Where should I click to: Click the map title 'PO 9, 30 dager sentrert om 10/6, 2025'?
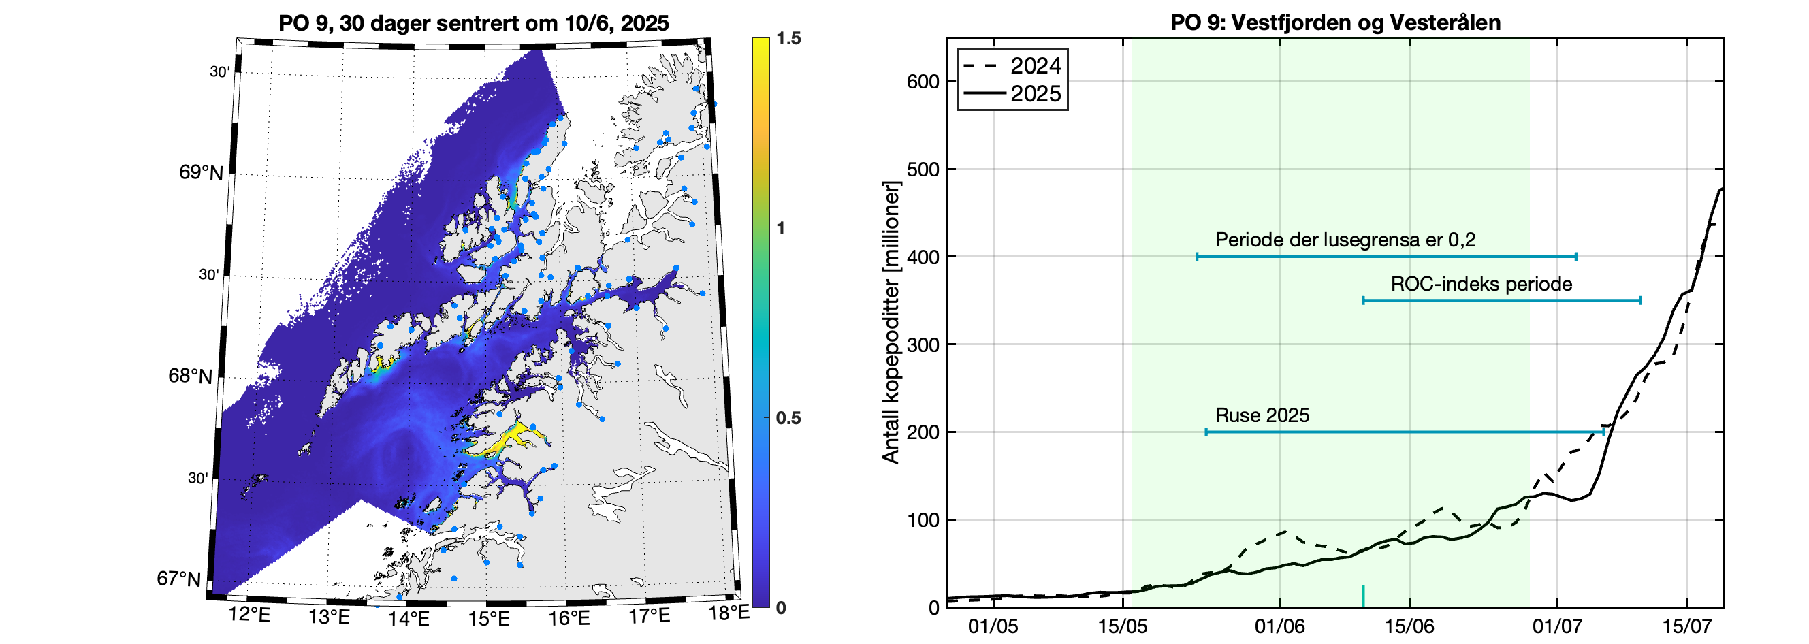(473, 23)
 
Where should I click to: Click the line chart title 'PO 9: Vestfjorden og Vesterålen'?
(1335, 22)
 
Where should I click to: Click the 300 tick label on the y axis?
(923, 345)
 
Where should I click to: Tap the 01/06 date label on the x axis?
(1279, 626)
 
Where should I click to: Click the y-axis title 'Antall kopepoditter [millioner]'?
(891, 323)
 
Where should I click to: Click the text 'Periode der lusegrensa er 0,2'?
(1345, 240)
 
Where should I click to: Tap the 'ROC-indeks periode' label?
(1481, 285)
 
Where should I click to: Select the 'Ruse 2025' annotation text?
(1262, 416)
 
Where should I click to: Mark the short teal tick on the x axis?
(1363, 596)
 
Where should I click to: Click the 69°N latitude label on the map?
(201, 173)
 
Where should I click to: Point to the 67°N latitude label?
(178, 579)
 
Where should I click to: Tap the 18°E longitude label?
(729, 613)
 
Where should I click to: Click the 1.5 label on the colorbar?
(788, 39)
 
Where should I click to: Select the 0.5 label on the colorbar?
(788, 419)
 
